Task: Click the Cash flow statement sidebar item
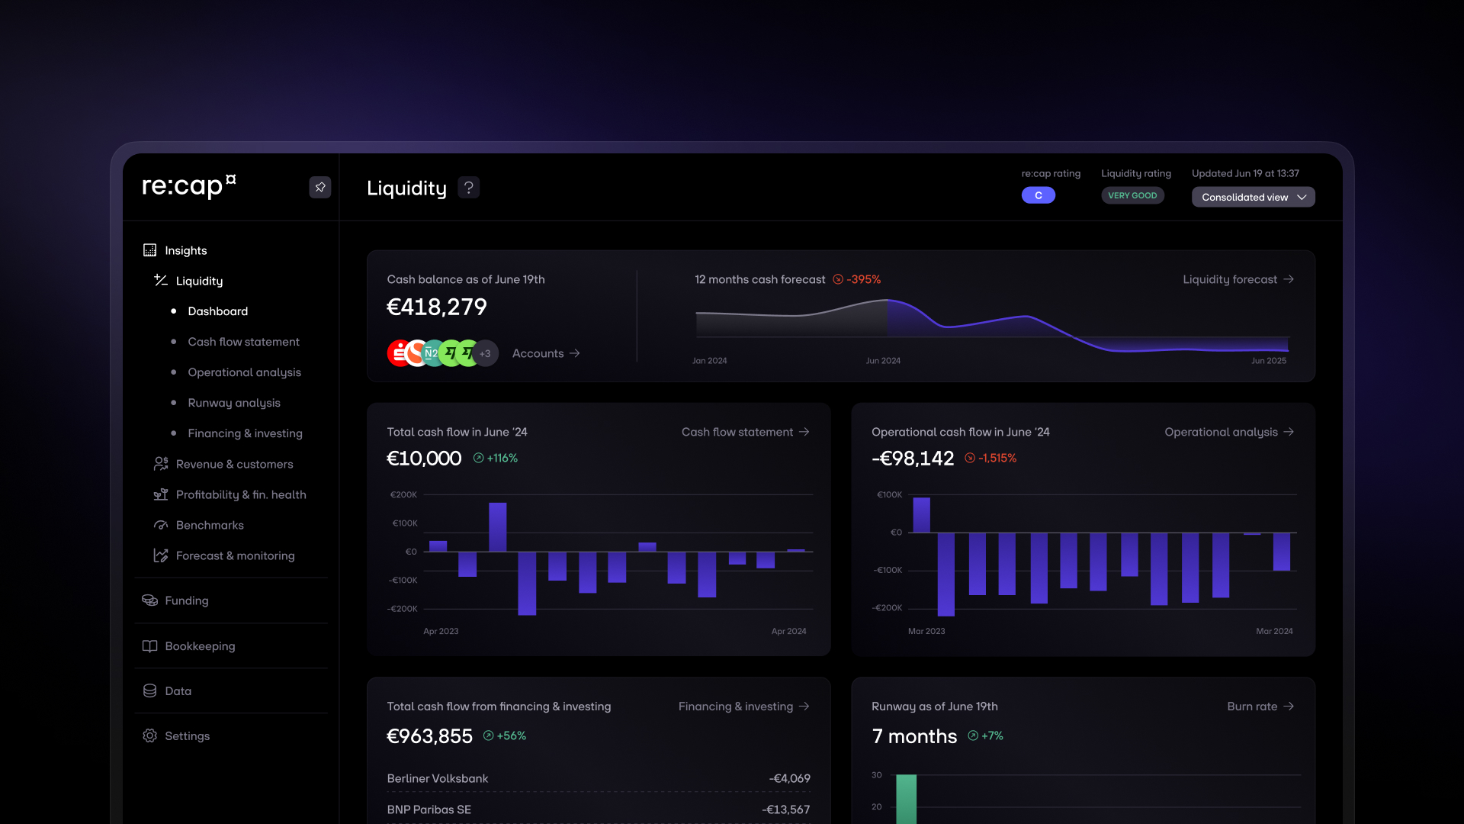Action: [x=243, y=342]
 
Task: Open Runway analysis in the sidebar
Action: [x=233, y=403]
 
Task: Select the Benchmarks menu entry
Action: [x=209, y=525]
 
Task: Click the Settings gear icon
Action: [x=150, y=735]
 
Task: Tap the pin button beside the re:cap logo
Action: [x=320, y=187]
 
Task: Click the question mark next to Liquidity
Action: [x=469, y=187]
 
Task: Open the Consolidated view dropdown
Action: [x=1253, y=197]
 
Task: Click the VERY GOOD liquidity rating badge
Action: [x=1132, y=195]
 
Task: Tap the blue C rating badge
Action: [x=1039, y=195]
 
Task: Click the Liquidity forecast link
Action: [x=1238, y=279]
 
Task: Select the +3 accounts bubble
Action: [x=485, y=353]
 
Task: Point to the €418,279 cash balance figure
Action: [x=436, y=307]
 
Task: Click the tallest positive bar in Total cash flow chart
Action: [x=497, y=526]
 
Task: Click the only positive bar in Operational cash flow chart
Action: [x=921, y=515]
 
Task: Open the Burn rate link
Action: [x=1260, y=707]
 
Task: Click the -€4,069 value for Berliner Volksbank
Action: [x=789, y=778]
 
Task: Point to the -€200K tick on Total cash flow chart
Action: [x=403, y=609]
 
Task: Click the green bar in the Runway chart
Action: [x=906, y=798]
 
